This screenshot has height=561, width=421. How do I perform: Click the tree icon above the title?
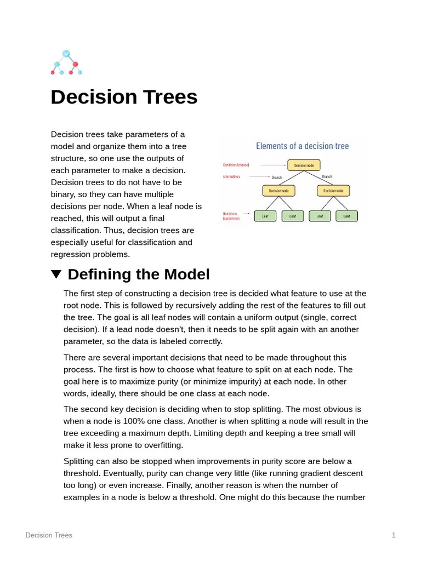[x=66, y=62]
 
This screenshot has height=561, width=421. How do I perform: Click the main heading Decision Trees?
[x=124, y=97]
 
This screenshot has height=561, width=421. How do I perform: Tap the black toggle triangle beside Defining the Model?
[x=56, y=274]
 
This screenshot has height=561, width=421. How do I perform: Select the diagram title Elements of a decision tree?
[x=303, y=146]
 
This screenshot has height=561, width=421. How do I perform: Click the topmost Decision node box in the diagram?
[x=304, y=165]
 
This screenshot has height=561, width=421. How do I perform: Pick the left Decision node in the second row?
[x=278, y=191]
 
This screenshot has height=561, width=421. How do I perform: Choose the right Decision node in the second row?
[x=333, y=191]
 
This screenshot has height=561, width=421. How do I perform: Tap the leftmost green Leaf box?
[x=265, y=216]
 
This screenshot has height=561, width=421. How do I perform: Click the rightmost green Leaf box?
[x=346, y=216]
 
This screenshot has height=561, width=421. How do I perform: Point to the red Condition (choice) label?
[x=236, y=165]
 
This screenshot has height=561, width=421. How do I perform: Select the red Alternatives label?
[x=231, y=176]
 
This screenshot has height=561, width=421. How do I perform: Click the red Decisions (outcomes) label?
[x=231, y=216]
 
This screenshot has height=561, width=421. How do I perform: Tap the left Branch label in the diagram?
[x=277, y=178]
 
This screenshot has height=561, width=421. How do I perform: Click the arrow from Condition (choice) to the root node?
[x=272, y=165]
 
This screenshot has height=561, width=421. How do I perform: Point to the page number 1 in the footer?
[x=394, y=535]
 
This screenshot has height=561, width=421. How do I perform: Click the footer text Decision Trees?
[x=49, y=535]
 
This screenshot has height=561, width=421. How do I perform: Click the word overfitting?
[x=164, y=445]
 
